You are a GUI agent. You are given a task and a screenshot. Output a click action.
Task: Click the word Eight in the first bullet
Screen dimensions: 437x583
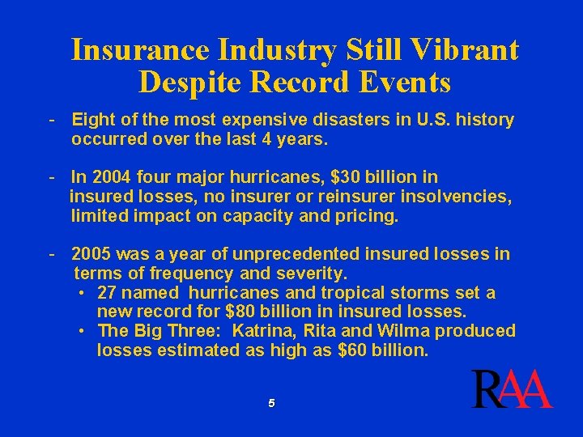pyautogui.click(x=93, y=121)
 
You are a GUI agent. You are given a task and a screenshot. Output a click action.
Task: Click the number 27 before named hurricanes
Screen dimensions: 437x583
pyautogui.click(x=108, y=292)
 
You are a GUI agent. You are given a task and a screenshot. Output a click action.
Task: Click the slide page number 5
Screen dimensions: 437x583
pyautogui.click(x=272, y=403)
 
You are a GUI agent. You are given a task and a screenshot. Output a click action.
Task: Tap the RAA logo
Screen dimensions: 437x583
pyautogui.click(x=512, y=390)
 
